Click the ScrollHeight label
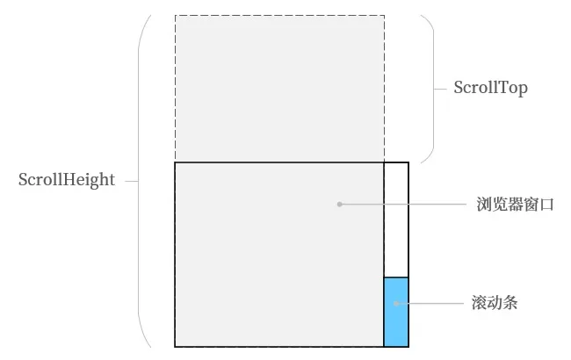[67, 180]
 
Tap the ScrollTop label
[490, 88]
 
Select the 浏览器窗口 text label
[516, 205]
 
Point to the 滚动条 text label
[495, 304]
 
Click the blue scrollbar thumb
[396, 320]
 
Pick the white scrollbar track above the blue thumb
[396, 220]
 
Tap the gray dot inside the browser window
[340, 205]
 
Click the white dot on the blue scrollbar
[396, 304]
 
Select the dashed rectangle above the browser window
[279, 88]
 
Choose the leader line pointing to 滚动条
[430, 304]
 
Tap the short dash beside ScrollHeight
[132, 181]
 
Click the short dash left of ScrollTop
[442, 88]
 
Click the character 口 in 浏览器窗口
[546, 205]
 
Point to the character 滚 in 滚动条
[481, 304]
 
